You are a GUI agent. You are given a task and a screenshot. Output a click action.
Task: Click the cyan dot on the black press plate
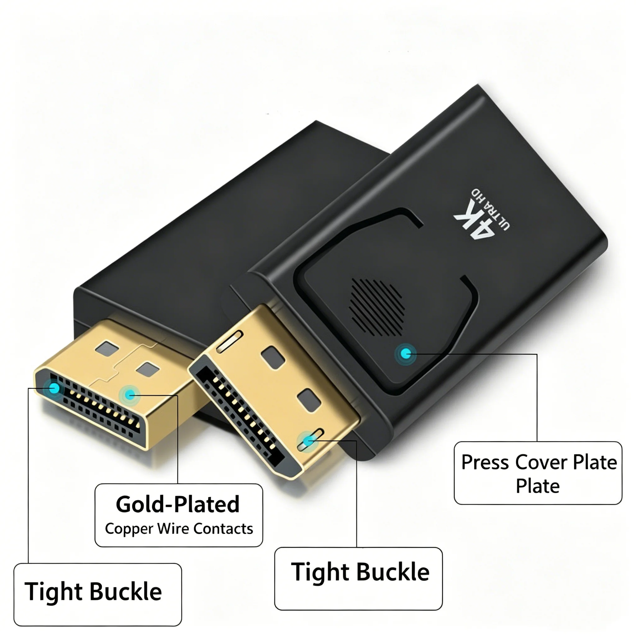click(x=406, y=355)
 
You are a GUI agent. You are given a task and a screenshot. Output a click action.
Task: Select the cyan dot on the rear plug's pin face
click(x=54, y=388)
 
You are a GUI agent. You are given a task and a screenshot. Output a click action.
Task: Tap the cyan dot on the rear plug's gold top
click(x=130, y=395)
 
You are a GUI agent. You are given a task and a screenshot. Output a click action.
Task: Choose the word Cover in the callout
click(x=541, y=462)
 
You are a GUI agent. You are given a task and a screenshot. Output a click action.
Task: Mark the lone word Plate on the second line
click(x=538, y=486)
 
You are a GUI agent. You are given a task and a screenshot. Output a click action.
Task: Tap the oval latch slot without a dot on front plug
click(x=229, y=342)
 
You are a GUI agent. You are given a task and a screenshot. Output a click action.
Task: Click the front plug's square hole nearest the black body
click(x=273, y=356)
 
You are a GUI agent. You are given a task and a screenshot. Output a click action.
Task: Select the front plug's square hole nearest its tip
click(x=309, y=400)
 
